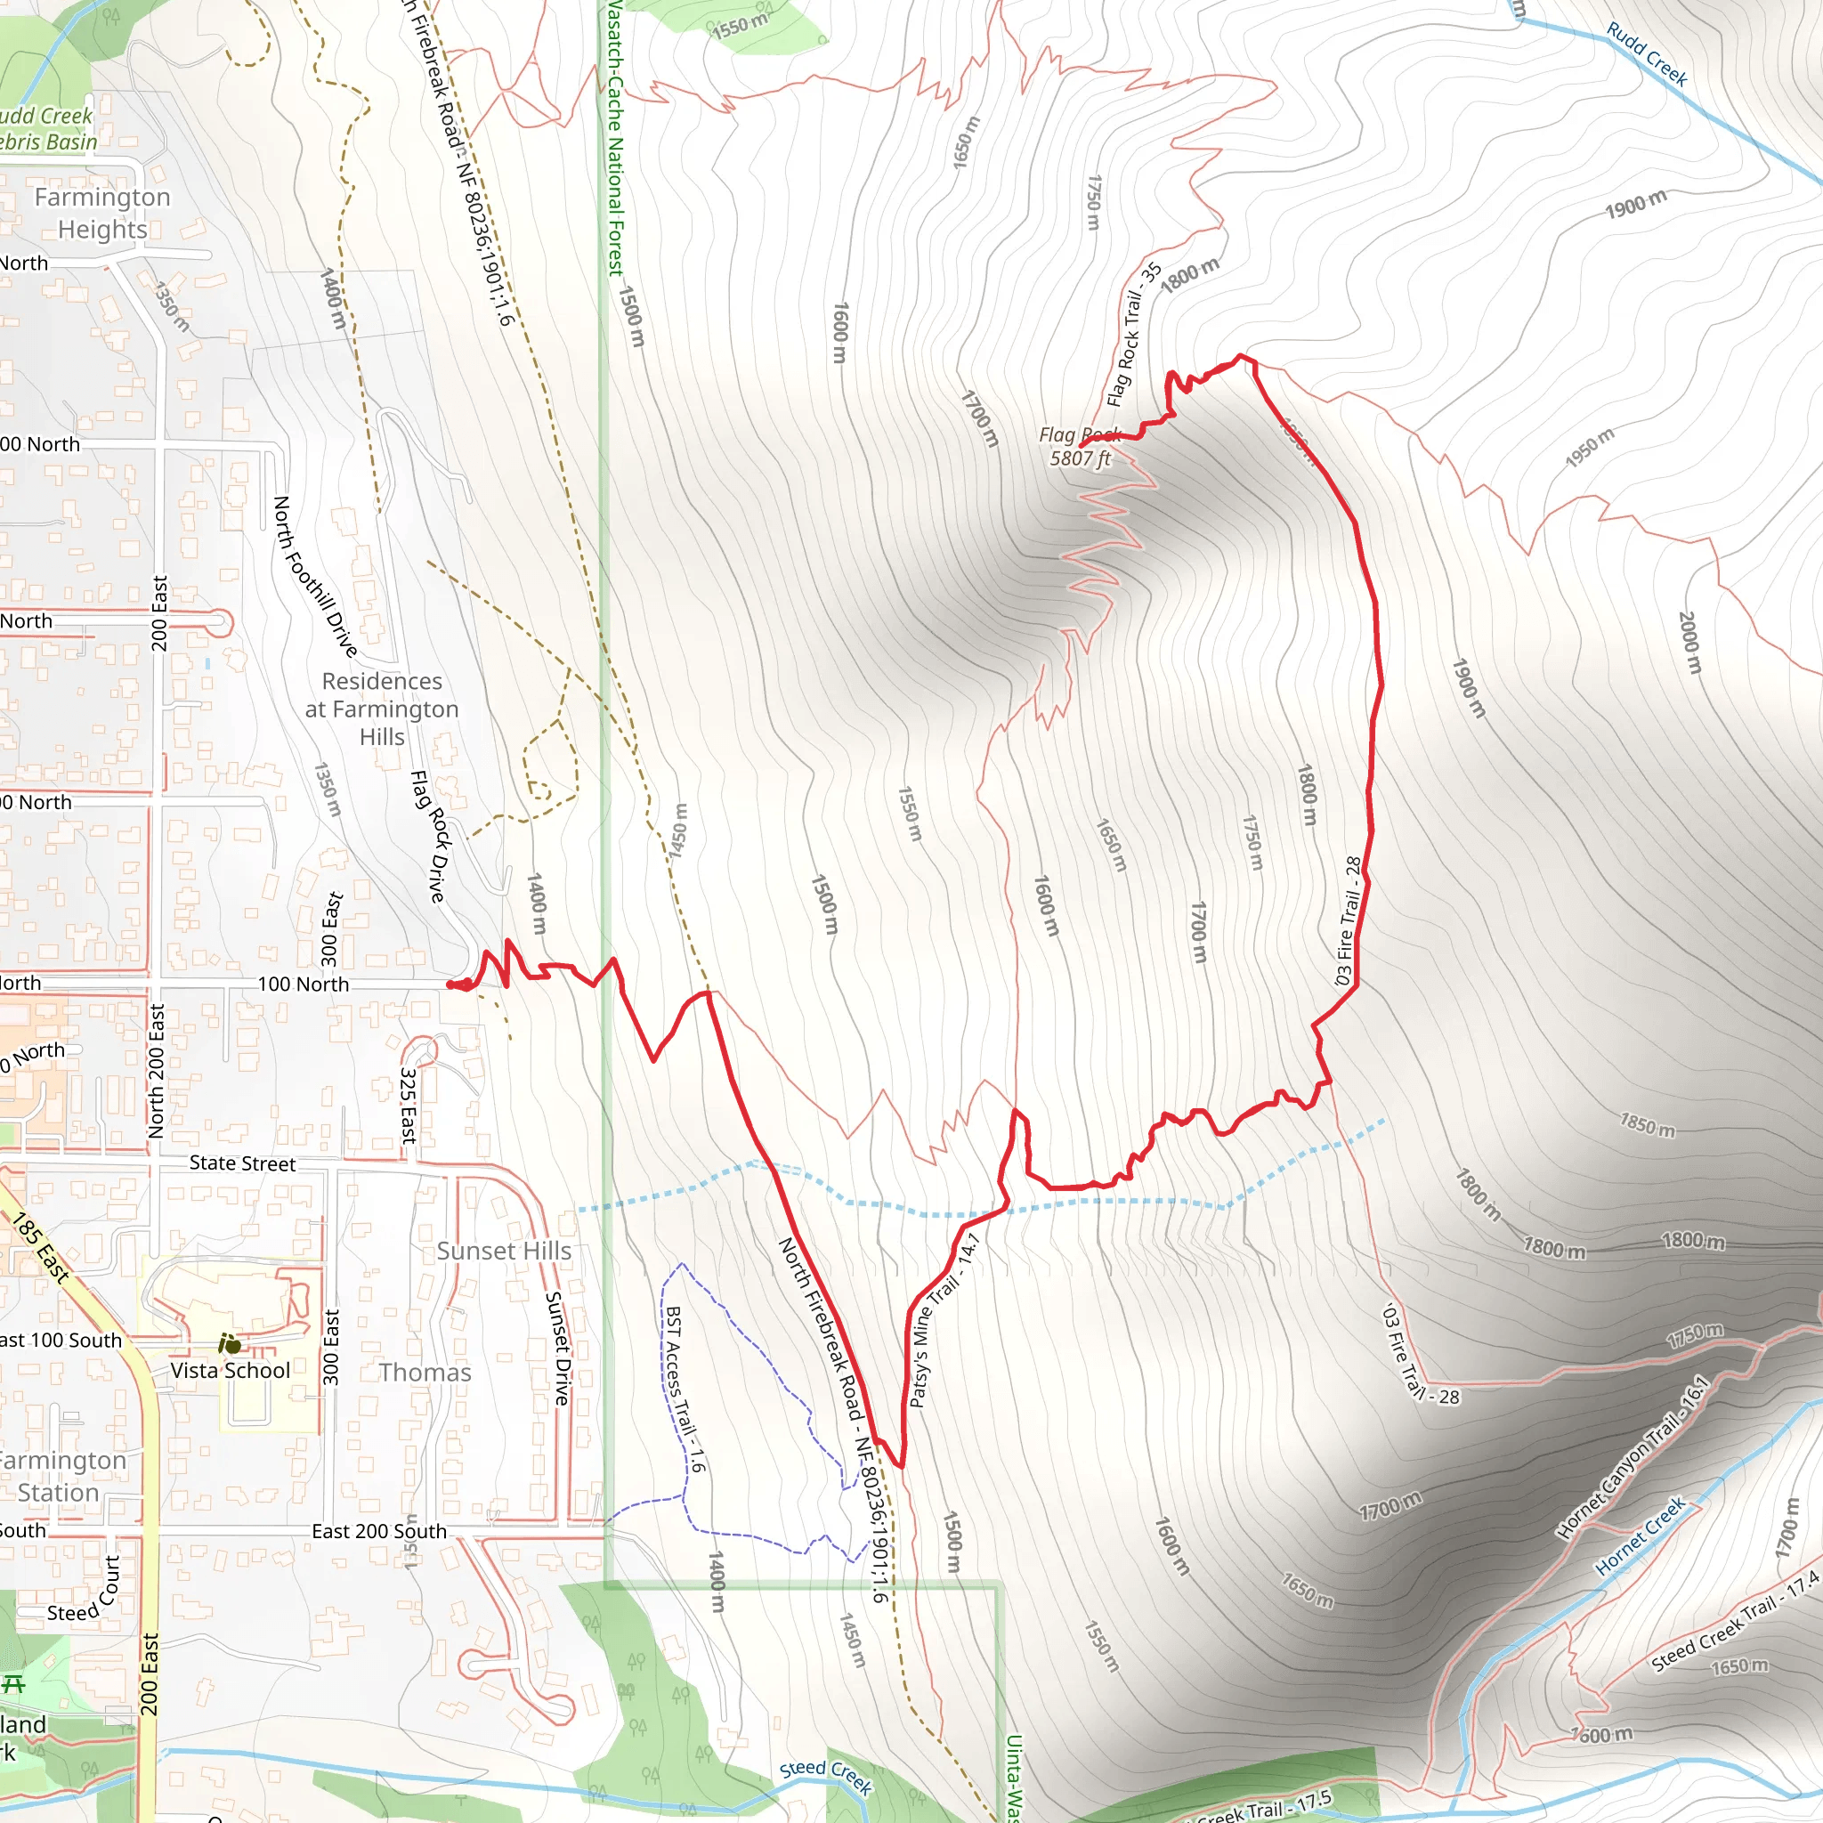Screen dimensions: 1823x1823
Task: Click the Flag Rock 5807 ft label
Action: tap(1080, 446)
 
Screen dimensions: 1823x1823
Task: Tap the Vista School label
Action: tap(231, 1370)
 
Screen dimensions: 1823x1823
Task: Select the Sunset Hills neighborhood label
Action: tap(504, 1252)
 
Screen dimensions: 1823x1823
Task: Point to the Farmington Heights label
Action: tap(101, 214)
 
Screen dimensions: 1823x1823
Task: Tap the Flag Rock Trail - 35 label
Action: tap(1134, 335)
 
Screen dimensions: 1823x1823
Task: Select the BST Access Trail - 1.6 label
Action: tap(685, 1389)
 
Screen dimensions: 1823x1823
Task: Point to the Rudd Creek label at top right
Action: tap(1647, 54)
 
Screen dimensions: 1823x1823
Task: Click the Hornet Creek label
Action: tap(1640, 1536)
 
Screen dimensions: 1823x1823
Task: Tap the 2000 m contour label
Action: tap(1690, 643)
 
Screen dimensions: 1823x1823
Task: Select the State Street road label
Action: tap(242, 1163)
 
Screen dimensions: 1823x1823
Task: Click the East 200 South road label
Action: tap(379, 1531)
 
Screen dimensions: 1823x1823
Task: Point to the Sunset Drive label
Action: tap(559, 1349)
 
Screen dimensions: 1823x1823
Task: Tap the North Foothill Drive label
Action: tap(315, 577)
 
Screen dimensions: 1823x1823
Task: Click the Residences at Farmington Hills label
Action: tap(382, 709)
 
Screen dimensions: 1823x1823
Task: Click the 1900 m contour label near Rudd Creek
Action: tap(1636, 204)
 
